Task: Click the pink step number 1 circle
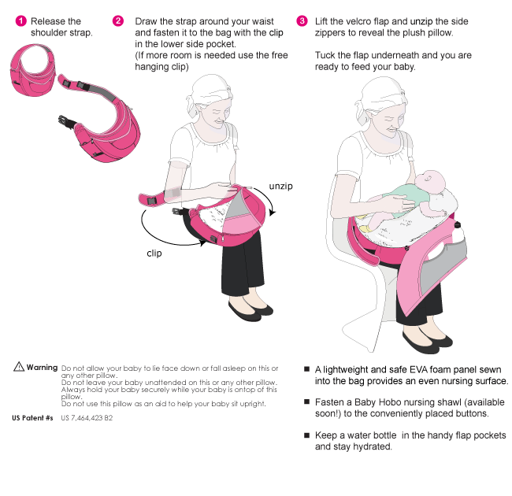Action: pos(21,21)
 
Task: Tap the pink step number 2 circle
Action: pos(118,21)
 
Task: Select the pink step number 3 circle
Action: pos(302,21)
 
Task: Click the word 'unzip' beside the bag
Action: pos(281,187)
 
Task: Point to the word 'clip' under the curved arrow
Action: pos(154,253)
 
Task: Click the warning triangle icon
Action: pos(19,366)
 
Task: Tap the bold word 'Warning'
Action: pos(42,368)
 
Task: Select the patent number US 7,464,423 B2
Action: pos(87,418)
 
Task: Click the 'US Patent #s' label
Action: pos(32,418)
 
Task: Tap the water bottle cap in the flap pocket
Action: pos(457,225)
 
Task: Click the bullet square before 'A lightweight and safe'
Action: pos(306,369)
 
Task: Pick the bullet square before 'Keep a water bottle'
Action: pos(306,435)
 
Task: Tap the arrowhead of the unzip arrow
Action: pos(272,213)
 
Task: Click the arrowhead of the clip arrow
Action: pos(203,242)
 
